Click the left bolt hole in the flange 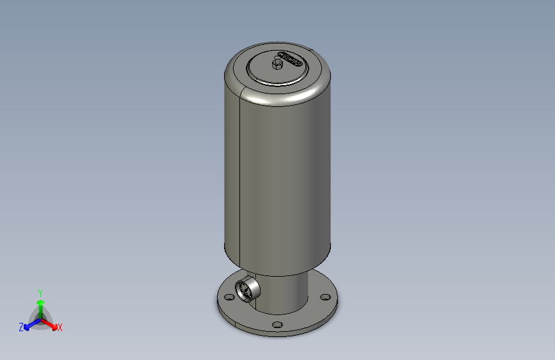point(228,297)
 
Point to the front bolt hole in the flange point(277,325)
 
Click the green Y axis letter point(40,291)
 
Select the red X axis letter point(60,327)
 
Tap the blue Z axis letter point(21,327)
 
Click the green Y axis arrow point(40,303)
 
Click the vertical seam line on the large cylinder point(238,179)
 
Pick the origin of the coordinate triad point(40,318)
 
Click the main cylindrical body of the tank point(282,179)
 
